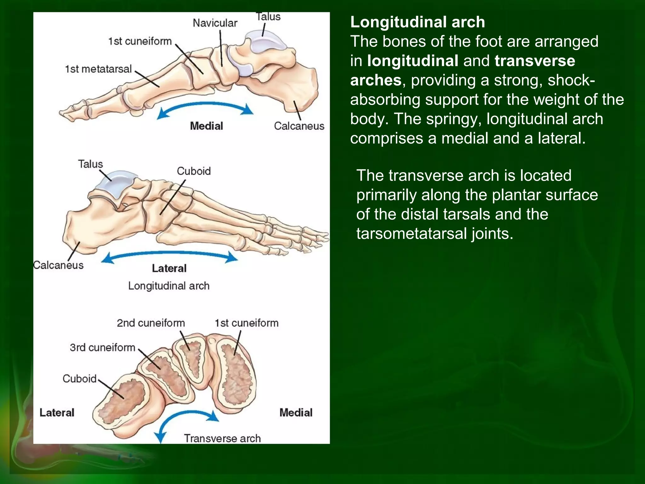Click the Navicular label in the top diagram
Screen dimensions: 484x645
[x=215, y=23]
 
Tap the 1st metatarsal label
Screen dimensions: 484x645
[x=98, y=69]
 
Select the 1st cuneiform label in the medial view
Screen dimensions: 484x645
[x=140, y=41]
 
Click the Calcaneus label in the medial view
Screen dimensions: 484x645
[x=299, y=126]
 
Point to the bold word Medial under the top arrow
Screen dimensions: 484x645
[x=206, y=126]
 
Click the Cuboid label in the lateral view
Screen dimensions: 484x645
[x=193, y=171]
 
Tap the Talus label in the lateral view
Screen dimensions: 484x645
[x=90, y=164]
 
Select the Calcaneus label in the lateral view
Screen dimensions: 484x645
[x=59, y=265]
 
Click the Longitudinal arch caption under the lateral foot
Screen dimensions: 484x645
[x=168, y=286]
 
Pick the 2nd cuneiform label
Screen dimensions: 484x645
[x=151, y=323]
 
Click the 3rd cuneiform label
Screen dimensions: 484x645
[x=102, y=348]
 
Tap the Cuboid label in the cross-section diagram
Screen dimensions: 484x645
[x=79, y=378]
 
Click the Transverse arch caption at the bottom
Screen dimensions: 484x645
[x=222, y=438]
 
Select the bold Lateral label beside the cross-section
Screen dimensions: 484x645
[x=57, y=412]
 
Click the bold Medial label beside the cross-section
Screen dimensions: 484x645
[x=296, y=412]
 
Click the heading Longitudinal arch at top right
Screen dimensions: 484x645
[x=417, y=22]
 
